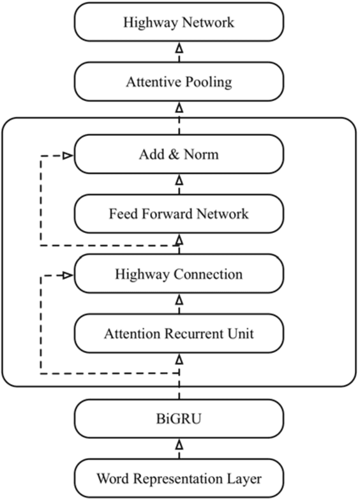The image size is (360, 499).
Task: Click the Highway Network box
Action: [x=179, y=23]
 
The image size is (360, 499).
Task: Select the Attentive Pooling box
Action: [x=179, y=82]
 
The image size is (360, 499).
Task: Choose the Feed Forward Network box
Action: [x=179, y=213]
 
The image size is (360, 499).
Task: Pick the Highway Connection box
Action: [x=179, y=274]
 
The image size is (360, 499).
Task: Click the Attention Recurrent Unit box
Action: [x=179, y=332]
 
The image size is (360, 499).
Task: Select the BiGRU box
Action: [x=179, y=419]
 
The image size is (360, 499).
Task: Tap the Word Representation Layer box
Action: [x=179, y=477]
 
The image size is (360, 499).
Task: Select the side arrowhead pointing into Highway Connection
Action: [x=67, y=275]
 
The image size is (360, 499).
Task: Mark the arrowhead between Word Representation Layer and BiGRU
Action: [x=179, y=443]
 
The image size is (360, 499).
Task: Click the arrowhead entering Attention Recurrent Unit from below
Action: [x=179, y=361]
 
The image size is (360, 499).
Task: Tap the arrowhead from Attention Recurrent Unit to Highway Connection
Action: [x=179, y=299]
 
